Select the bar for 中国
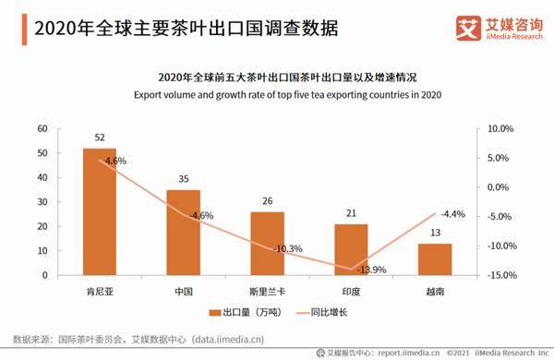point(183,233)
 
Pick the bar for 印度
point(351,249)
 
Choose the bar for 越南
point(435,259)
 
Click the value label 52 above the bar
point(99,138)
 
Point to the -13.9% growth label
point(372,270)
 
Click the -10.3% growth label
point(289,249)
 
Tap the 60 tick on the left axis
point(42,128)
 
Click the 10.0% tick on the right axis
point(498,128)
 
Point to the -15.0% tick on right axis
point(497,275)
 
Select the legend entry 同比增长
point(326,312)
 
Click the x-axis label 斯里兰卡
point(267,291)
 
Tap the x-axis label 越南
point(435,291)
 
